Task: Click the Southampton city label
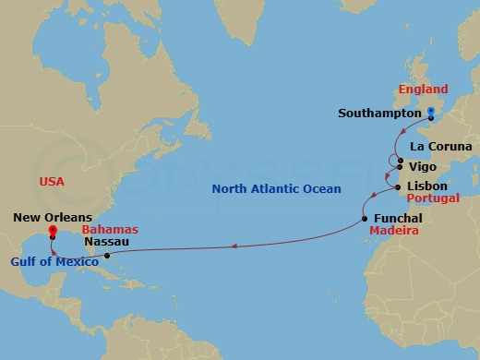coord(379,114)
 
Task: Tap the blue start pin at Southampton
coord(431,113)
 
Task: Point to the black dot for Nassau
coord(107,256)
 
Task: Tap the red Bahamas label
coord(110,229)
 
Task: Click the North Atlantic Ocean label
coord(276,189)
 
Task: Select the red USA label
coord(53,180)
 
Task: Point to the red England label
coord(423,90)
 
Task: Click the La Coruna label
coord(440,147)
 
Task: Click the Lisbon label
coord(426,186)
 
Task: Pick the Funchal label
coord(399,218)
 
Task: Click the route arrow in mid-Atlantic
coord(234,246)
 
